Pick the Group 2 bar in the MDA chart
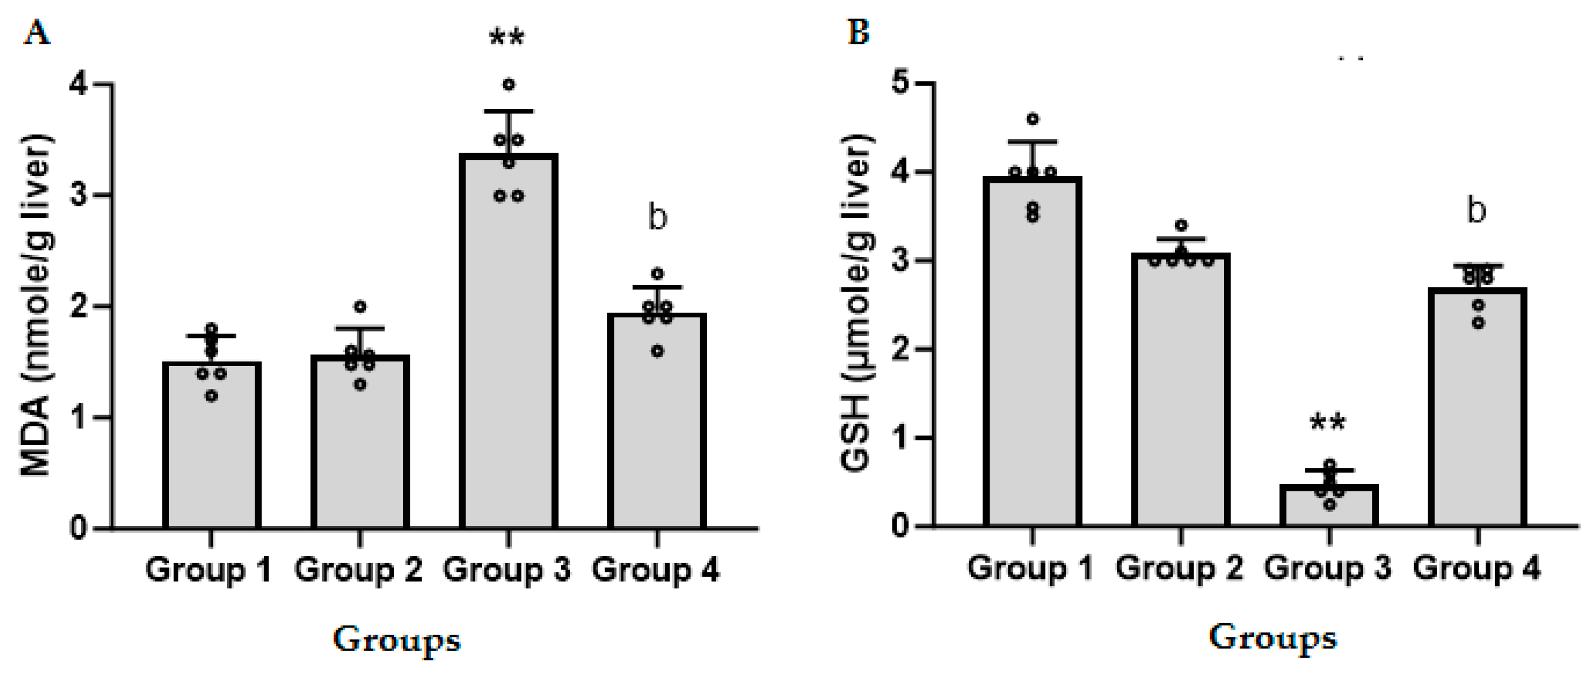point(359,445)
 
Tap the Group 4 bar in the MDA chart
point(657,426)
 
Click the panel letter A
point(37,32)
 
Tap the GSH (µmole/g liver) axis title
point(858,303)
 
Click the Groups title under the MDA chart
point(397,640)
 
